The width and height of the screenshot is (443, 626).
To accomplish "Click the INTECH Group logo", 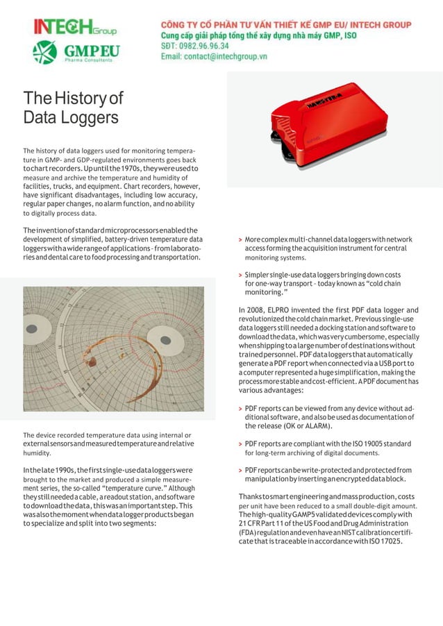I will pos(74,27).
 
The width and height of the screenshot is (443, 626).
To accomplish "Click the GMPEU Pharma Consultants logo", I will pos(74,53).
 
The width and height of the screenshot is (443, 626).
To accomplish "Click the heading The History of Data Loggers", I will pos(73,107).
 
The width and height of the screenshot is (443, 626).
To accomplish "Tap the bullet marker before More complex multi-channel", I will pos(240,240).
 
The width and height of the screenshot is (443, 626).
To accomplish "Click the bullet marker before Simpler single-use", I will pos(240,275).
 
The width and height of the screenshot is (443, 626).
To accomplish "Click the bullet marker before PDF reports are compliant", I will pos(240,443).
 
